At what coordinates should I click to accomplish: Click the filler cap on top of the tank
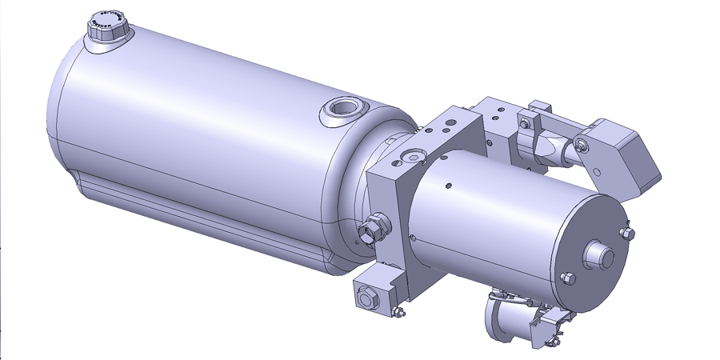click(106, 26)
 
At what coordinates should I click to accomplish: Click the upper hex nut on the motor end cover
click(627, 233)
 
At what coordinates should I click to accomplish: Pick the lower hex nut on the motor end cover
click(568, 278)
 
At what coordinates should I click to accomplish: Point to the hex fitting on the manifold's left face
click(370, 230)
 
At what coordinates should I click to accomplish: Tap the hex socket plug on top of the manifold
click(412, 156)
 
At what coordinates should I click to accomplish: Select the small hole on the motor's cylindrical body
click(449, 186)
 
